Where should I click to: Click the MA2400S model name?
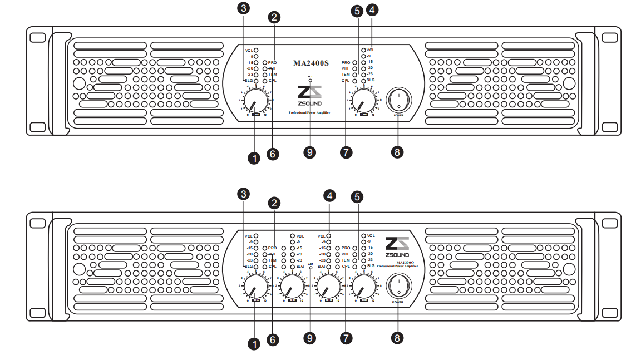[311, 63]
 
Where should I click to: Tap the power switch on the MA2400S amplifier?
[398, 100]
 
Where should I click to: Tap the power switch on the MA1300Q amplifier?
[398, 286]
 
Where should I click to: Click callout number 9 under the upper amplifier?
[310, 152]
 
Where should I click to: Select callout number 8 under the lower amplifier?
[397, 337]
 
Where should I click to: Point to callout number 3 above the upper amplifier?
[243, 8]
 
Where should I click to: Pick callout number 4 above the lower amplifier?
[331, 196]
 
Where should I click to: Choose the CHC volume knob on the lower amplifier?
[329, 288]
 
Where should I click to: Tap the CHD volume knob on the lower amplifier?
[364, 288]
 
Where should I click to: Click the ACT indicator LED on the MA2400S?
[310, 81]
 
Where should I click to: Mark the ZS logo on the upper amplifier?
[310, 92]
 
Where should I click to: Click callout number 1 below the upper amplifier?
[254, 158]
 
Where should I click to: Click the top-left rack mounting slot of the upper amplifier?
[37, 38]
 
